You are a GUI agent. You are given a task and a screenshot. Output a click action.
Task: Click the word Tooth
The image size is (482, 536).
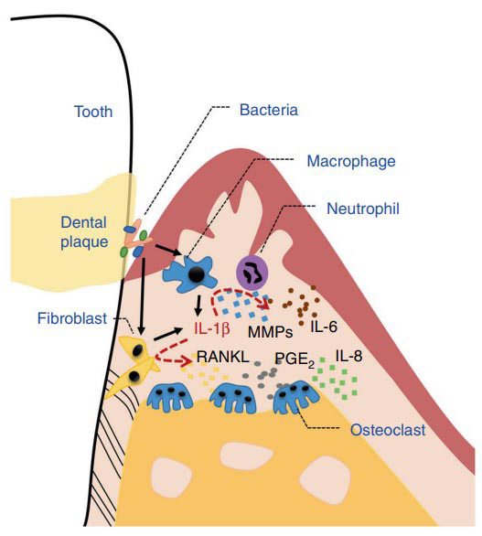[93, 112]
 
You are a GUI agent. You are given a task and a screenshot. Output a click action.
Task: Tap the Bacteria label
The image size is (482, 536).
[269, 110]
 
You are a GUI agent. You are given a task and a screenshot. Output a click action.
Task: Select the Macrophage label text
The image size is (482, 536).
[351, 161]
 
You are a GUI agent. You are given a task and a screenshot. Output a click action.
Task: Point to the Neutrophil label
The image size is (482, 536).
[363, 209]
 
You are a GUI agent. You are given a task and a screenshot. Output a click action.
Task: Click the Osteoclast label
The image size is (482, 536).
[389, 430]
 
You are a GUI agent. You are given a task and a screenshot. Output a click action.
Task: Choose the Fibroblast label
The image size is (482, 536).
[72, 318]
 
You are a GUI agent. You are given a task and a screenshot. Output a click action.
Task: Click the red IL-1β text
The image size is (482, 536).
[212, 329]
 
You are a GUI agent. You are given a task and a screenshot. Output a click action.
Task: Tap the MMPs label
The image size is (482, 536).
[271, 332]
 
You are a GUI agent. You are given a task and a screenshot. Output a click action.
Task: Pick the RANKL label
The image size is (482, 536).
[223, 358]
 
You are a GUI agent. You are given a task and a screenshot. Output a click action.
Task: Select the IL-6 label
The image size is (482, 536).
[324, 327]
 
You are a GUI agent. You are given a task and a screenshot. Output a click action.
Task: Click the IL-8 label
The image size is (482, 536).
[348, 356]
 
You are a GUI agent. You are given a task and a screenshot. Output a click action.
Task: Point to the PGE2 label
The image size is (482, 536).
[295, 359]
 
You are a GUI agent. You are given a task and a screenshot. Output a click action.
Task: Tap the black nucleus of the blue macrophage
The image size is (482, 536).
[197, 274]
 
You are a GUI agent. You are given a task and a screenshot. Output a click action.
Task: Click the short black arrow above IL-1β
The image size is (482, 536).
[198, 306]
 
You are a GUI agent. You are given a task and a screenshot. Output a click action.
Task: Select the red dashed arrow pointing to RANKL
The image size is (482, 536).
[171, 356]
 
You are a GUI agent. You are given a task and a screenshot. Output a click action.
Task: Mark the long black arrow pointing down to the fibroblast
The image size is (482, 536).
[143, 296]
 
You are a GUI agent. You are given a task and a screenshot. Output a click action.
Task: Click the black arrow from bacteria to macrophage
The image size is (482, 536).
[168, 251]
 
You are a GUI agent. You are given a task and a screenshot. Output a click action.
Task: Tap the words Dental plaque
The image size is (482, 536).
[84, 232]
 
